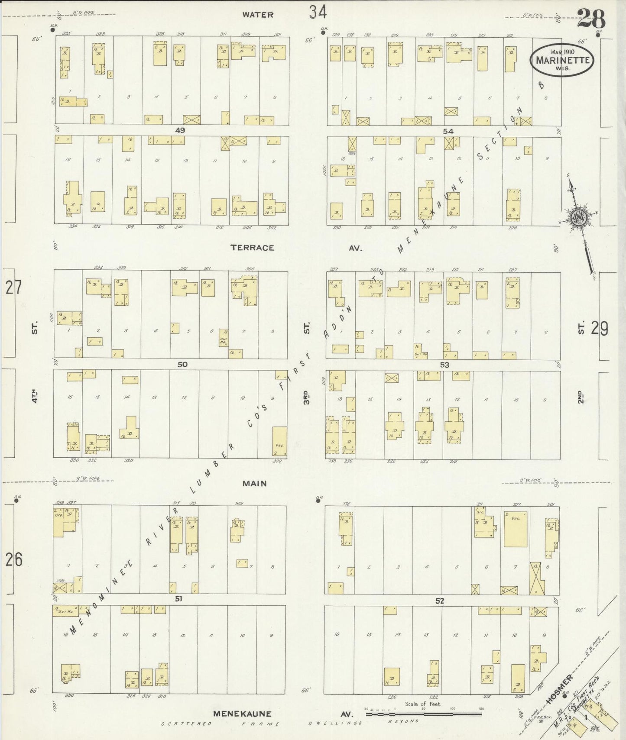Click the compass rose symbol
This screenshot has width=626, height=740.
[578, 218]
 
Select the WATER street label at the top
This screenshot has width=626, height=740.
[258, 15]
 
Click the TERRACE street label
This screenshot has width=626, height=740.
[252, 248]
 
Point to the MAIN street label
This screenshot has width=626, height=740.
[254, 483]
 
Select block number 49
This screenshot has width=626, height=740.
[180, 130]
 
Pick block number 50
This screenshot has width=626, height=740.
[182, 364]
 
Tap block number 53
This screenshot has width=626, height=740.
[444, 365]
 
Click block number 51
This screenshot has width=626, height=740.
[178, 599]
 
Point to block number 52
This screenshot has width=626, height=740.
[440, 601]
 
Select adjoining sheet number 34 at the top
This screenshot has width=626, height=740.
[318, 12]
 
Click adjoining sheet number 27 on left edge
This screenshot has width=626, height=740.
[13, 288]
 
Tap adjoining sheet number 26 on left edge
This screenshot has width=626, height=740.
[13, 560]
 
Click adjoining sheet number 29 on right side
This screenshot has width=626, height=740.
[600, 329]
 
